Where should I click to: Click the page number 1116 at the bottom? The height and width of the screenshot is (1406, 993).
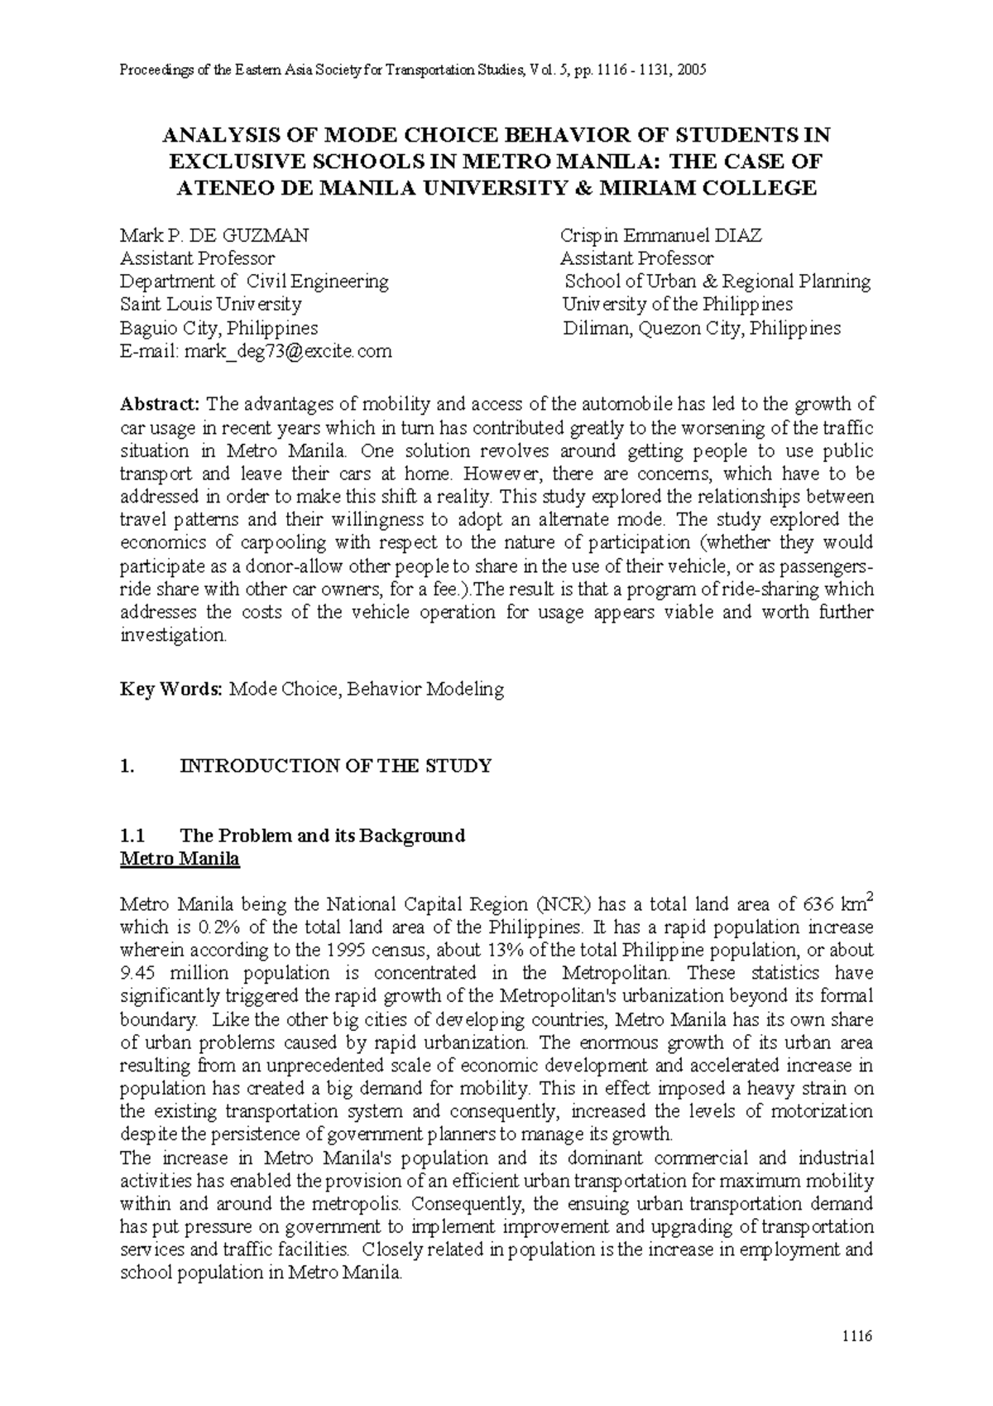click(x=857, y=1336)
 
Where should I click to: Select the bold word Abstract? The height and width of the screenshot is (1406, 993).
click(x=160, y=404)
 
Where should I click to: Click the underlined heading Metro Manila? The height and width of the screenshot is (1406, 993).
click(x=180, y=859)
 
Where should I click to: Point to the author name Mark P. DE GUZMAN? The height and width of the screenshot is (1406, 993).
click(x=214, y=235)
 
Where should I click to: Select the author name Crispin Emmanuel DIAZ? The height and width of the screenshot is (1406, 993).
click(x=660, y=235)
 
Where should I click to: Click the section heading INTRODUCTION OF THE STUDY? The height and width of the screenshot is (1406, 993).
click(x=335, y=766)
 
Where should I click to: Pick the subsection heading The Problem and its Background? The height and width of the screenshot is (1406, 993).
click(x=322, y=835)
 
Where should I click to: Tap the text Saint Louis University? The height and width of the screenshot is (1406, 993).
click(x=210, y=305)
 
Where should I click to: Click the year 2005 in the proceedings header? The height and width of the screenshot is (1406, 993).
click(x=690, y=70)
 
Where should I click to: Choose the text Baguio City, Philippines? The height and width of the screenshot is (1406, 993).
click(x=218, y=328)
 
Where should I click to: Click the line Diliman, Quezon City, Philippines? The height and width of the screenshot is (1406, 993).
click(x=702, y=328)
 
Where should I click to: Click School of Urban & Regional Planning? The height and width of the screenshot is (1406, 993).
click(x=717, y=282)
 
